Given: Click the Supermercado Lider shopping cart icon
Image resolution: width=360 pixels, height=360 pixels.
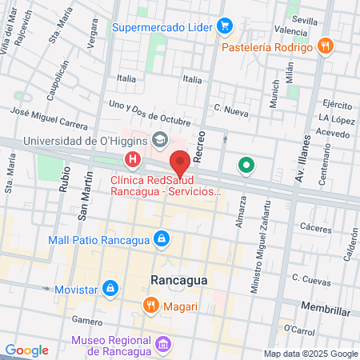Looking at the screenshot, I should (225, 26).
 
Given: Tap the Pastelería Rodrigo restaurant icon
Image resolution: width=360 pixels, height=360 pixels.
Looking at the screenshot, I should (324, 46).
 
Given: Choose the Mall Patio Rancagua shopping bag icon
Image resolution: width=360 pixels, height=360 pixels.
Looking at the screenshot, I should (162, 238).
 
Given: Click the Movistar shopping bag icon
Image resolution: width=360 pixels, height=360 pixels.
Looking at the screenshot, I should (111, 286).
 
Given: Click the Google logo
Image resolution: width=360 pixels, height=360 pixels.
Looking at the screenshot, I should (26, 350).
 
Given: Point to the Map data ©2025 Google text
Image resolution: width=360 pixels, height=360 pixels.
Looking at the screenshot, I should (311, 354).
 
